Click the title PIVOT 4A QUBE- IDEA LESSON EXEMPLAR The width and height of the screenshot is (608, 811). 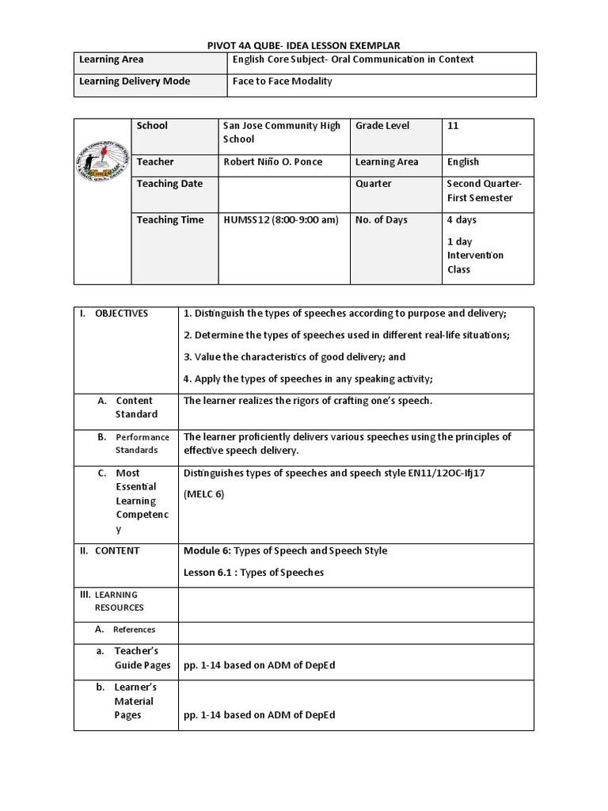click(304, 45)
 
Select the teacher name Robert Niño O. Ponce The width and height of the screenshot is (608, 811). click(273, 162)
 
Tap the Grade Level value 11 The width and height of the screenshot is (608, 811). click(453, 125)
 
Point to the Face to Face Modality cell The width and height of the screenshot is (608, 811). click(282, 81)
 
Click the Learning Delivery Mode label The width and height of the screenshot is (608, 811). click(135, 81)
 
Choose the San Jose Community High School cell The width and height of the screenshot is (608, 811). click(282, 132)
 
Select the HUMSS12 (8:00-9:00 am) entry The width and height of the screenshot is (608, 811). click(282, 219)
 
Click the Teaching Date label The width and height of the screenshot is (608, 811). click(169, 183)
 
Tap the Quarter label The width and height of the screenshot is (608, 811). click(374, 183)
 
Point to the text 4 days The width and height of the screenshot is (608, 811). click(462, 219)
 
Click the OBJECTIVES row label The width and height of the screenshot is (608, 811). click(121, 313)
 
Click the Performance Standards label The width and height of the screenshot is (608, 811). click(142, 443)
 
